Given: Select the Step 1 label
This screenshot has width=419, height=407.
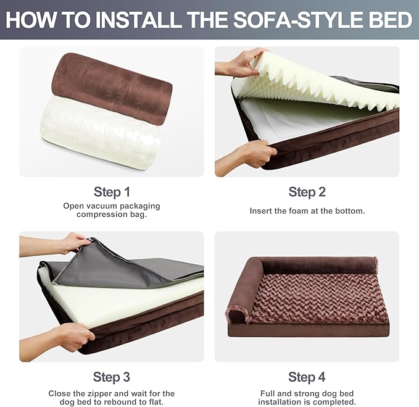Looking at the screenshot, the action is [112, 191].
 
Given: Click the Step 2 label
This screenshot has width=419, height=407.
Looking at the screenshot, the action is [307, 191].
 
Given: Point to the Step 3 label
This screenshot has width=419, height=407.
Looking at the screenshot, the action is [112, 377].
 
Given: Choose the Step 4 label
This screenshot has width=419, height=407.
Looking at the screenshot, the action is [307, 377].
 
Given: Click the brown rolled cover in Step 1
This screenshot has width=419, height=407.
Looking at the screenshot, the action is [112, 88].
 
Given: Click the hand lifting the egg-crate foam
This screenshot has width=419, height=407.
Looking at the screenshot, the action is [241, 62].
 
